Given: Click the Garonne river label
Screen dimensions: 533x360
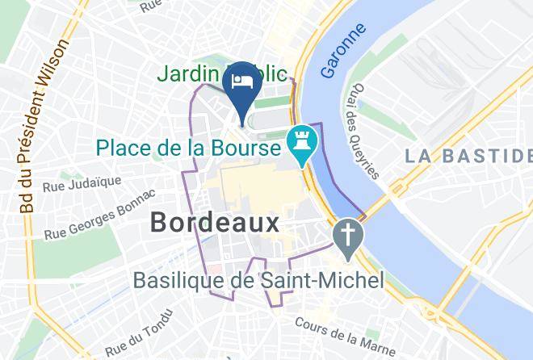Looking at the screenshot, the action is click(343, 50).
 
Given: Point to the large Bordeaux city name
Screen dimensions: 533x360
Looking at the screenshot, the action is click(215, 223).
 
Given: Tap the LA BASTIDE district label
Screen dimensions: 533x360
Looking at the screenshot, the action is click(468, 154).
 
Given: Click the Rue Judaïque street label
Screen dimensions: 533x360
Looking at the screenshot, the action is click(92, 186).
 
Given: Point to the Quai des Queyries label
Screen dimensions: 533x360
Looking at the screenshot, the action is click(366, 134).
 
